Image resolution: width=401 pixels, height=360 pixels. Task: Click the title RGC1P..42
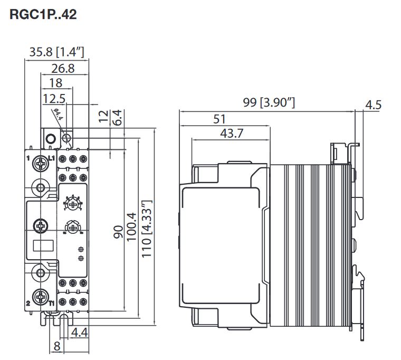tap(43, 14)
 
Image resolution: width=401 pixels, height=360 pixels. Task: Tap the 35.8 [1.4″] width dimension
tap(56, 52)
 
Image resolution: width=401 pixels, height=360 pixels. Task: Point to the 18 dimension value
tap(55, 82)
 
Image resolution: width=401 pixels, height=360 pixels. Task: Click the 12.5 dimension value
tap(54, 98)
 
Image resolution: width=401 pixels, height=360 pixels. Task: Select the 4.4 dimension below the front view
tap(79, 333)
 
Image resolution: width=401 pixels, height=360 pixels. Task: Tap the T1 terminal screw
tap(40, 297)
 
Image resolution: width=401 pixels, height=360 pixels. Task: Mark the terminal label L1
tap(52, 157)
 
